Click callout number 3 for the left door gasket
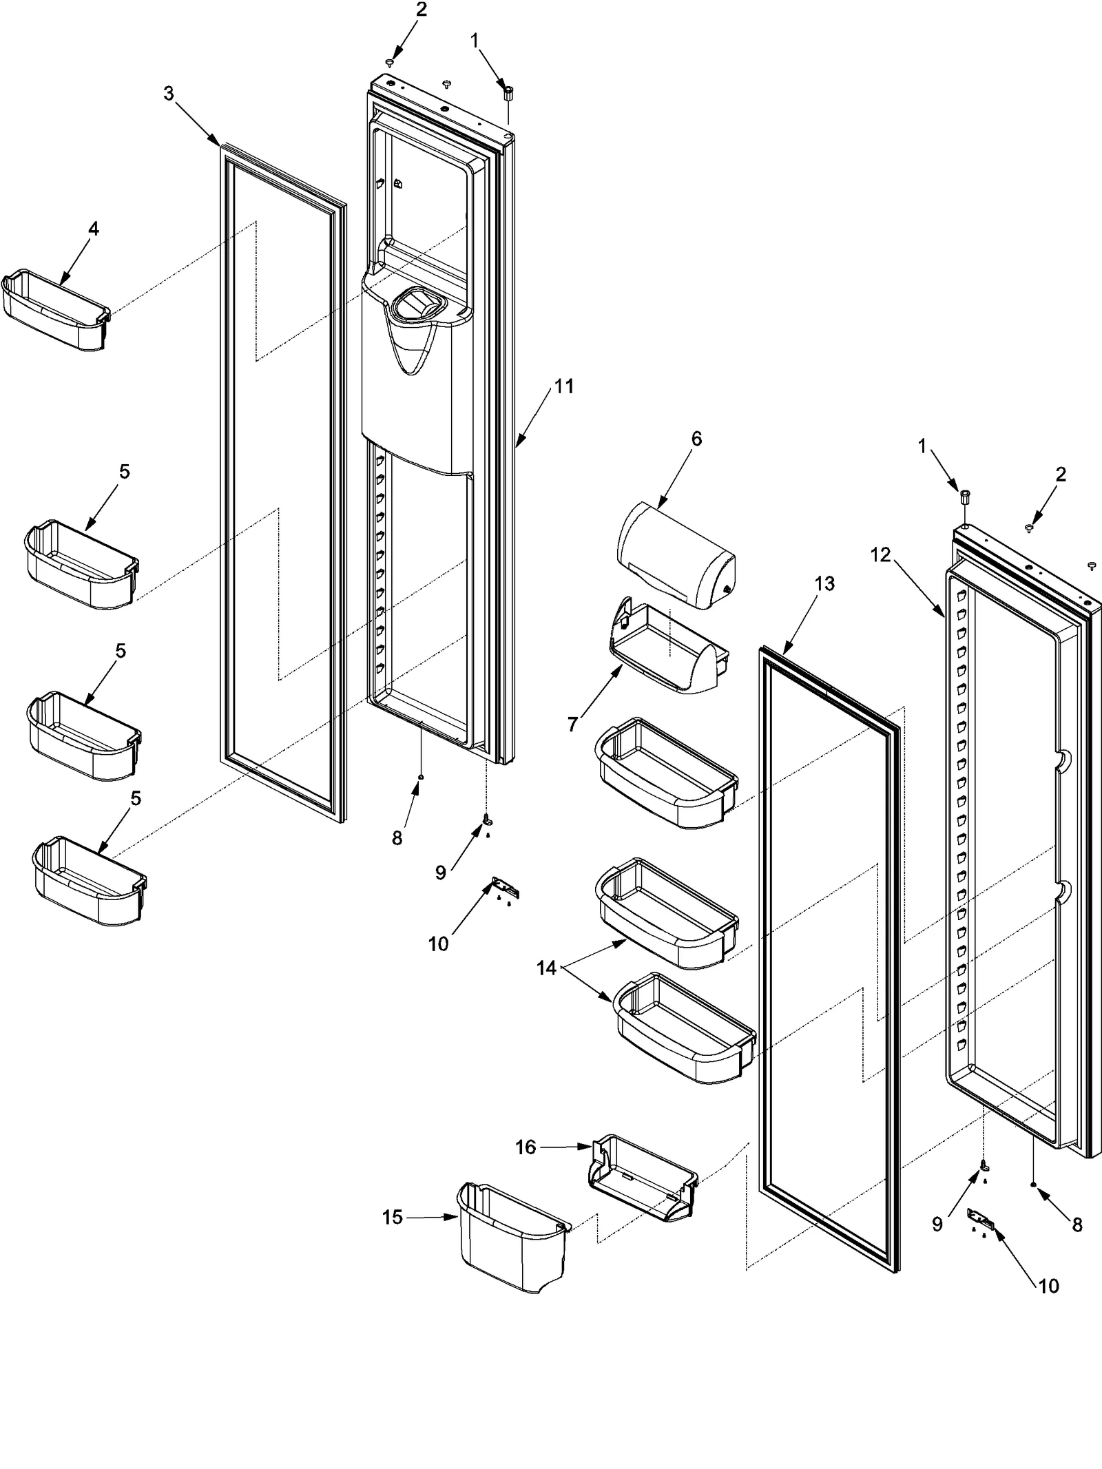click(x=169, y=94)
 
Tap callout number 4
click(x=93, y=229)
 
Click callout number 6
click(x=696, y=439)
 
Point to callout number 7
click(x=572, y=724)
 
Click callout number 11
click(x=564, y=387)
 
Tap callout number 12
click(x=880, y=554)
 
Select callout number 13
click(x=824, y=584)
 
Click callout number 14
click(x=546, y=968)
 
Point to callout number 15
click(x=393, y=1218)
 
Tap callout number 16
click(x=526, y=1147)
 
